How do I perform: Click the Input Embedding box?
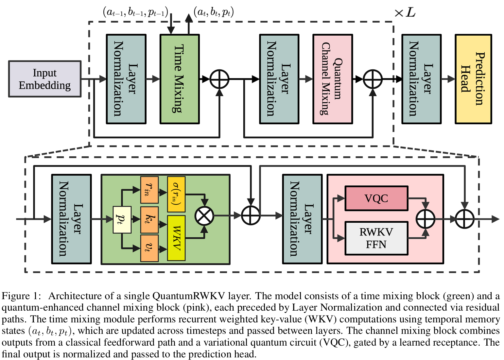45,79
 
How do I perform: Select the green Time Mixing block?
179,79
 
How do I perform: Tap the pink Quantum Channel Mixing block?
332,79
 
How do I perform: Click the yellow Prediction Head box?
473,79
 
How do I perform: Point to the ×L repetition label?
405,13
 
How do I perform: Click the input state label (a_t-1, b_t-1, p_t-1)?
135,12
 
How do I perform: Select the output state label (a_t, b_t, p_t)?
214,12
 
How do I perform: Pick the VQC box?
376,198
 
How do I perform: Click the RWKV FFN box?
376,238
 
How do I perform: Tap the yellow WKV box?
176,238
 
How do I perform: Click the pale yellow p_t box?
122,219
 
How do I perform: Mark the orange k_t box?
149,219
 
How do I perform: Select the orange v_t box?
149,248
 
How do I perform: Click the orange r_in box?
149,190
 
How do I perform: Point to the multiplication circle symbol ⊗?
204,216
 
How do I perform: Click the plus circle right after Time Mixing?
219,79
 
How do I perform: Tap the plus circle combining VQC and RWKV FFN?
425,219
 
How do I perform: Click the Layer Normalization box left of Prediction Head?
421,79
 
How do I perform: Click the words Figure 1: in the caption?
21,296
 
